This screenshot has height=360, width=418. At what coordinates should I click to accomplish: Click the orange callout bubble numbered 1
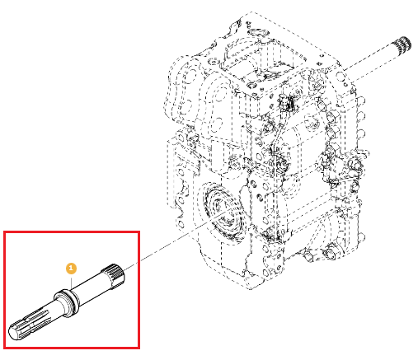71,269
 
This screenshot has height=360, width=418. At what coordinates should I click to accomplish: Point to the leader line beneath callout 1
71,282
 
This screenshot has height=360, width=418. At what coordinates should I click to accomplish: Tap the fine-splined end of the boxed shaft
114,276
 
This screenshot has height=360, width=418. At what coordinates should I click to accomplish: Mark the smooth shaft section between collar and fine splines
90,289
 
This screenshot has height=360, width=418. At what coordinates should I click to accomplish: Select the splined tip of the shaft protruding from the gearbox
403,44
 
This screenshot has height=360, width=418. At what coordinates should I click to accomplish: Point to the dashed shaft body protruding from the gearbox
370,63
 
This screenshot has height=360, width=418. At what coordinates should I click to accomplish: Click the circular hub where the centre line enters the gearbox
223,212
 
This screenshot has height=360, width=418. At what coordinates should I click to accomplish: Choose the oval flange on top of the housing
258,33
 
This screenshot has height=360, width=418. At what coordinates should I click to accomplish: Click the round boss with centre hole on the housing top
251,86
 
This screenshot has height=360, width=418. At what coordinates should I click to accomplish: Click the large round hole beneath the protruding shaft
341,76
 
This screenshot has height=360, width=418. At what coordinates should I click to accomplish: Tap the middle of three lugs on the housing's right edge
362,117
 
